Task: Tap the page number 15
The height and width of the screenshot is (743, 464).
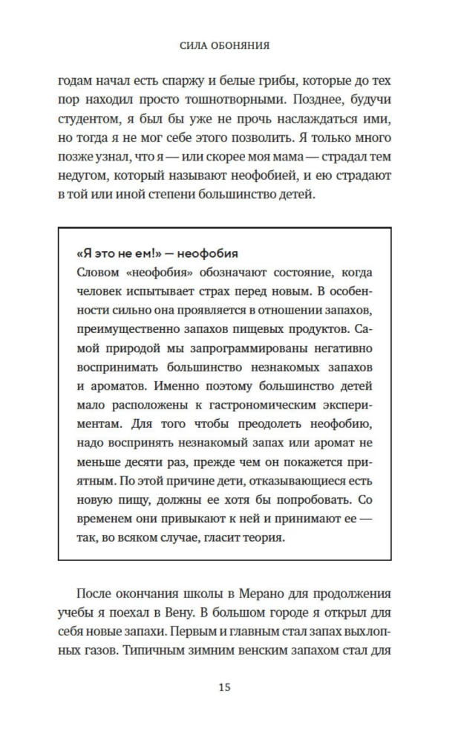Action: (224, 687)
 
